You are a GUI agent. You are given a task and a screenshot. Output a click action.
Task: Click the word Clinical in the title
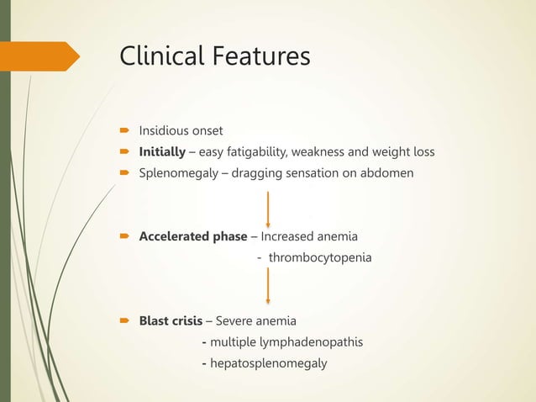pos(161,56)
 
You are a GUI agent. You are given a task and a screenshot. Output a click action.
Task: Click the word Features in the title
pos(260,56)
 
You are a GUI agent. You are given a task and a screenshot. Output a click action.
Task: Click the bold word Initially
pos(162,152)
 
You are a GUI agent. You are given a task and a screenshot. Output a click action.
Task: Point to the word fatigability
pos(260,152)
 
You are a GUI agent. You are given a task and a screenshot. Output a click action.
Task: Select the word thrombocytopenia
pos(319,257)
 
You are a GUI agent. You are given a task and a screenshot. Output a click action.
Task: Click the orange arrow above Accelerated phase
pos(268,209)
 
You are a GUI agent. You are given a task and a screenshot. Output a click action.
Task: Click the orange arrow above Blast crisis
pos(268,286)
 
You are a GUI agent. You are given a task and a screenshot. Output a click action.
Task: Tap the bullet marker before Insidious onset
pos(123,131)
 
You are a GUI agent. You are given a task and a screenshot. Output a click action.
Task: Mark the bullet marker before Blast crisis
pos(123,320)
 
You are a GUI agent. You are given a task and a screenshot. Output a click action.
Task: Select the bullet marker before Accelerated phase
pos(123,235)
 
